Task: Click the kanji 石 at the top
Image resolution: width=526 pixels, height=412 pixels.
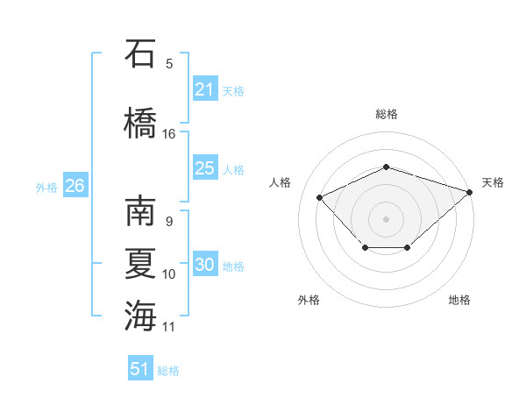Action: pyautogui.click(x=140, y=53)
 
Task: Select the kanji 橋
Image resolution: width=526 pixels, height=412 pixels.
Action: pyautogui.click(x=140, y=123)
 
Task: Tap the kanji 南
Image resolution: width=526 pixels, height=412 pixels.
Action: pyautogui.click(x=140, y=210)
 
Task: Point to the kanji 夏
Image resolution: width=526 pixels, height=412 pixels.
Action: pyautogui.click(x=140, y=264)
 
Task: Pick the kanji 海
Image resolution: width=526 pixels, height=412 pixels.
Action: pyautogui.click(x=140, y=316)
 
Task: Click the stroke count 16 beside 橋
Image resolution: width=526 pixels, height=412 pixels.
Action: pyautogui.click(x=168, y=134)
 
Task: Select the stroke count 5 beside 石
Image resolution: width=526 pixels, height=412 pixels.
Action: pyautogui.click(x=169, y=64)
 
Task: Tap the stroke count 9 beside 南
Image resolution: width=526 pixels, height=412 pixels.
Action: pyautogui.click(x=169, y=222)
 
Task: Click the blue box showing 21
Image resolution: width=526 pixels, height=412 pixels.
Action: pyautogui.click(x=206, y=89)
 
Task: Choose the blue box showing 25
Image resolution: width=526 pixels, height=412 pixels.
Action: pyautogui.click(x=206, y=167)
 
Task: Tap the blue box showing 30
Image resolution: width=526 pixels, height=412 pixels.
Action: pyautogui.click(x=206, y=263)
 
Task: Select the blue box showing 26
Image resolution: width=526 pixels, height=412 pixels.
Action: pyautogui.click(x=75, y=185)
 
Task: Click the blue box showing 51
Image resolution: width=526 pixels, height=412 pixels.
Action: pyautogui.click(x=140, y=367)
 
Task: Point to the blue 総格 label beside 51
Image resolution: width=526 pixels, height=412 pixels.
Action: pyautogui.click(x=168, y=371)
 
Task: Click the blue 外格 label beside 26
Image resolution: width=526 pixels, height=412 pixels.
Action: pyautogui.click(x=46, y=188)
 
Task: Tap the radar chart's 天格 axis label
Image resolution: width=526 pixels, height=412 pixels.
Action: pyautogui.click(x=493, y=182)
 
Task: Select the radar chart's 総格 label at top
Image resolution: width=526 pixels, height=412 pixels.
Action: pyautogui.click(x=387, y=114)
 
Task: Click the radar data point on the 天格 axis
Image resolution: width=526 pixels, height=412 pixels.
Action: pyautogui.click(x=470, y=192)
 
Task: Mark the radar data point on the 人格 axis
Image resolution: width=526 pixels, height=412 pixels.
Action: pyautogui.click(x=319, y=197)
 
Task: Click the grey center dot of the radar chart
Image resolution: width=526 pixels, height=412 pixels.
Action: pyautogui.click(x=386, y=219)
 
